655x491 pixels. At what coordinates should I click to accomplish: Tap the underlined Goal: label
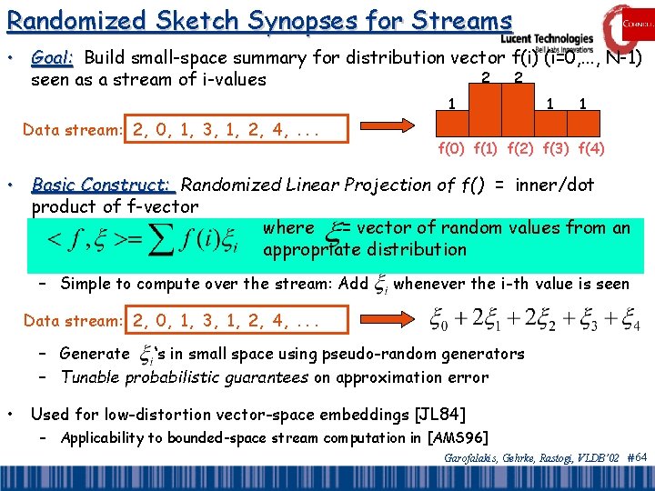tap(53, 58)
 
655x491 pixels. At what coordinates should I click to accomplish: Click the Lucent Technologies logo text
tap(546, 38)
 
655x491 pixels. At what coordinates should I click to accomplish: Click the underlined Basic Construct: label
tap(102, 185)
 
